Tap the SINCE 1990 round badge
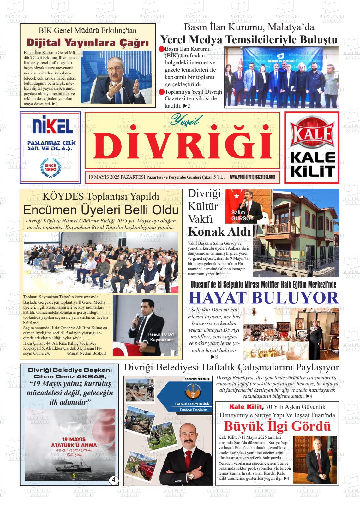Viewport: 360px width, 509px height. (x=50, y=168)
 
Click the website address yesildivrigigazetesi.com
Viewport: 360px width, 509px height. (x=252, y=177)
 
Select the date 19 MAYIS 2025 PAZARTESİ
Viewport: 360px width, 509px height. (x=115, y=177)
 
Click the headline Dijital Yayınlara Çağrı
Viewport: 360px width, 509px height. (x=87, y=43)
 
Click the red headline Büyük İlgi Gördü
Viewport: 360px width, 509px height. (x=277, y=426)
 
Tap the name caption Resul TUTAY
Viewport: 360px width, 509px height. (x=161, y=334)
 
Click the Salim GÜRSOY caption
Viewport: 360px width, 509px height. (x=242, y=215)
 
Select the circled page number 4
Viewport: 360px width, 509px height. (x=114, y=481)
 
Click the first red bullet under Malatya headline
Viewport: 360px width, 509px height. (x=161, y=49)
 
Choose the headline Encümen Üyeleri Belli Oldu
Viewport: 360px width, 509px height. (x=101, y=210)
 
